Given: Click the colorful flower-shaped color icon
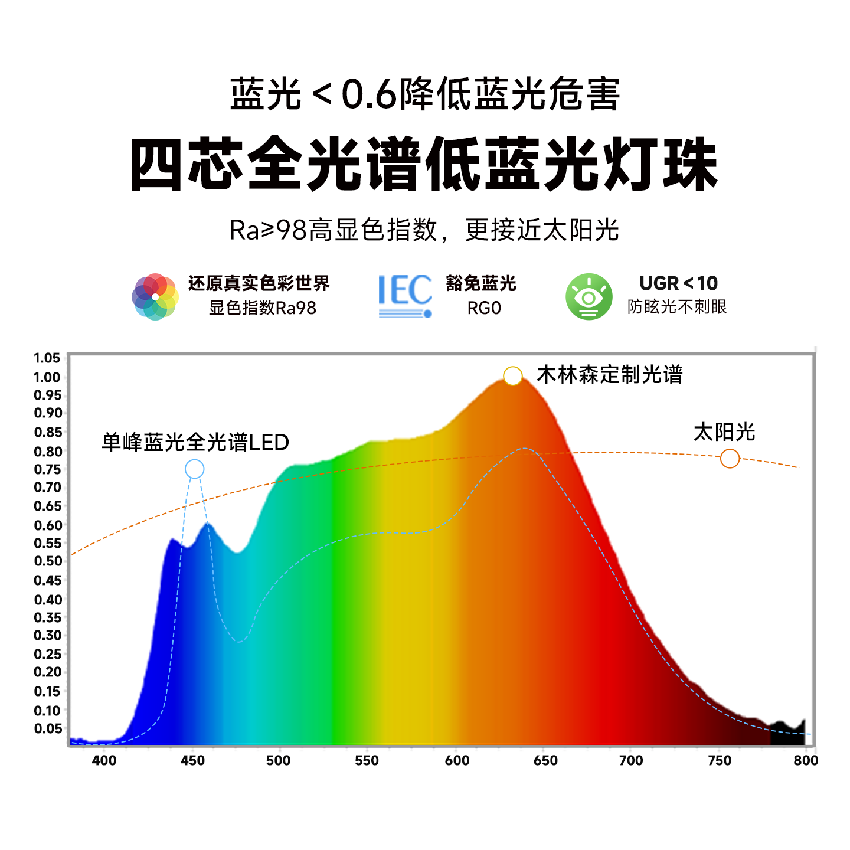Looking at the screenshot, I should (x=155, y=296).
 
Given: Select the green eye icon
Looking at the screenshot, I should (x=589, y=296).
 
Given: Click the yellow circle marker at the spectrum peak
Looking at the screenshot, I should (x=513, y=375).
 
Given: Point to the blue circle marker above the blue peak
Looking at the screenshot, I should (x=194, y=469).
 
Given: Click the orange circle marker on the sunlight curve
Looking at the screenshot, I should (x=730, y=458).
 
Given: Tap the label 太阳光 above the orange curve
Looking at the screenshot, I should (x=724, y=432).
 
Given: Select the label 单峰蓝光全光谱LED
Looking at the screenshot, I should (x=195, y=442).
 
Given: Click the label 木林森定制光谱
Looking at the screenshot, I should (x=609, y=375).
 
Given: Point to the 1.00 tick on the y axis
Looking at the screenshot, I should (x=47, y=377).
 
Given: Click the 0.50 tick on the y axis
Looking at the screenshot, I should (x=47, y=561).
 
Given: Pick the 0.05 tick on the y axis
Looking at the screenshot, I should (x=47, y=728).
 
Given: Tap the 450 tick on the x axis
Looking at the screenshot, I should (x=192, y=761).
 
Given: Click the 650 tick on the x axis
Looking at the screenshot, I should (x=545, y=761).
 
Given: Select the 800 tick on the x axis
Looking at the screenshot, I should (x=806, y=761).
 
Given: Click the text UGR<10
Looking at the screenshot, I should (x=678, y=283).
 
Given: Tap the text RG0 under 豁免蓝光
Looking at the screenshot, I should (x=484, y=308).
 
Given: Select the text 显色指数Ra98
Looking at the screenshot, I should (x=263, y=308).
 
